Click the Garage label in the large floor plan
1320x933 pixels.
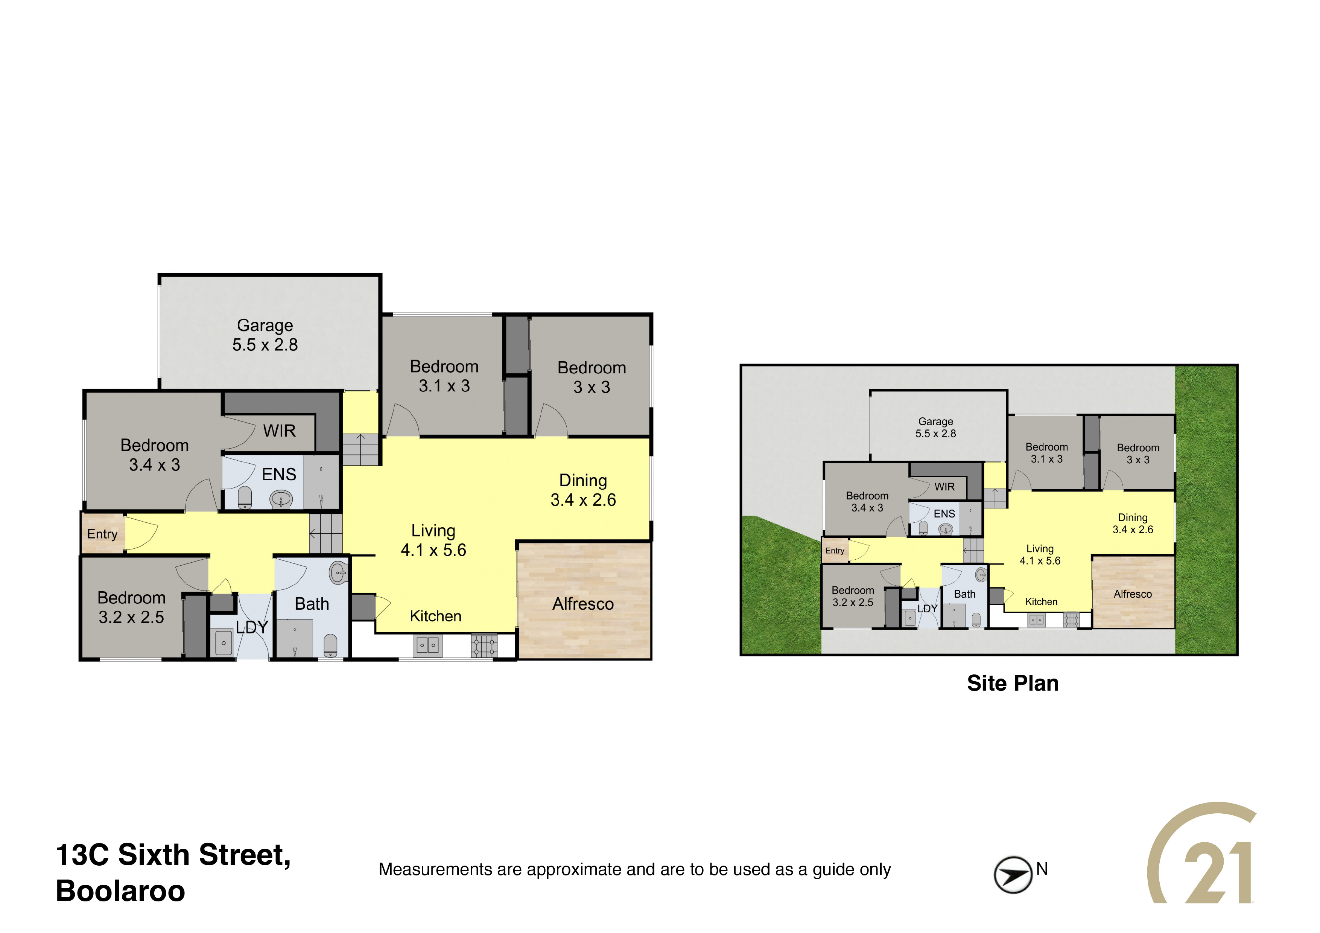click(265, 326)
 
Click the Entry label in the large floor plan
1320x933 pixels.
click(102, 534)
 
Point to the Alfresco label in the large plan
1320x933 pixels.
click(583, 604)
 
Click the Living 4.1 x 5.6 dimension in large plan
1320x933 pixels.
click(433, 550)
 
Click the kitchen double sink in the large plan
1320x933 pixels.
click(427, 645)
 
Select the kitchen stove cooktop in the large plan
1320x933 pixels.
click(484, 645)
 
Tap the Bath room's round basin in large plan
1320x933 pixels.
click(339, 572)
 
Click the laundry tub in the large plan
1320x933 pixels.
click(224, 643)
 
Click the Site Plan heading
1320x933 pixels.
click(1013, 683)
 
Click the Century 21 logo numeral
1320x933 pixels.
click(1218, 872)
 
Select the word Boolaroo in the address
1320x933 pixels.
click(121, 891)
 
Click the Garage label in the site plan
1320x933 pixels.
click(935, 422)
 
